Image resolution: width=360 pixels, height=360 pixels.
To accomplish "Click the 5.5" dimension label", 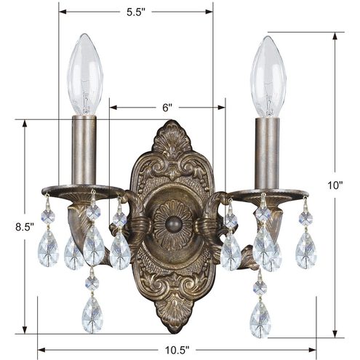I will tap(135, 12).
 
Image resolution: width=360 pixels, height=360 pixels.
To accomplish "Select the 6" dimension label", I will tap(167, 108).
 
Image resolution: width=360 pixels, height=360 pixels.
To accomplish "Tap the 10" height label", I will tap(335, 185).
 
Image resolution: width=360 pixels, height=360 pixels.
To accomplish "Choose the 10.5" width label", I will tap(177, 348).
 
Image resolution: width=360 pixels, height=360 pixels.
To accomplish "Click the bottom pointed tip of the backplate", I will tap(172, 330).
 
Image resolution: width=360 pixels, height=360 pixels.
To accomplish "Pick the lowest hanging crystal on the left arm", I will tap(92, 313).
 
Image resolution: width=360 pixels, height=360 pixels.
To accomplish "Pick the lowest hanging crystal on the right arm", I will tap(260, 318).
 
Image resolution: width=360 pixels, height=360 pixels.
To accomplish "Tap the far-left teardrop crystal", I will tap(49, 248).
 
